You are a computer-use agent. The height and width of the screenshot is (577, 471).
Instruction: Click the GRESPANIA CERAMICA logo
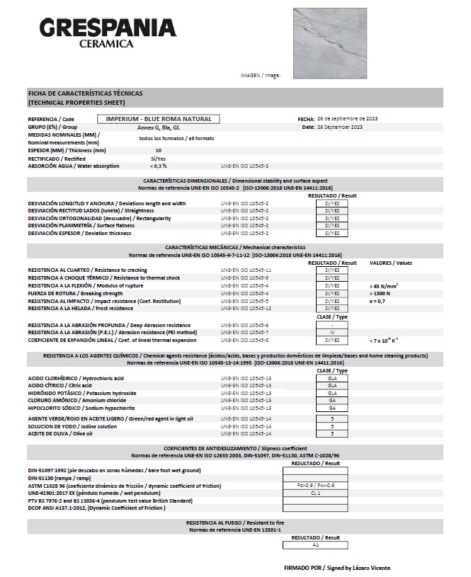tap(107, 34)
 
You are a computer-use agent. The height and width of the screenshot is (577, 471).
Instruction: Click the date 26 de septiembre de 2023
tap(341, 118)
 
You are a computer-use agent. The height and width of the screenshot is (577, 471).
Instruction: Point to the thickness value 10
tap(158, 150)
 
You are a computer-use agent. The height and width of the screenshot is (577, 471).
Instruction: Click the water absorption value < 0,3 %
tap(158, 166)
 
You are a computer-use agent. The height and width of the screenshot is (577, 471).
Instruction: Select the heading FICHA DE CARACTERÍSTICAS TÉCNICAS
tap(86, 93)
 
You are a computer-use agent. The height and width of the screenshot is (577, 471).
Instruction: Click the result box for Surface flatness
tap(332, 225)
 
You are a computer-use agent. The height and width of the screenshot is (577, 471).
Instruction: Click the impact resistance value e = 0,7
tap(380, 301)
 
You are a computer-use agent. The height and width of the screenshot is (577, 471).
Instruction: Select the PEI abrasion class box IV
tap(332, 332)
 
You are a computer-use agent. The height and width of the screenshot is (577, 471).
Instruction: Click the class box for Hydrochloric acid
tap(332, 378)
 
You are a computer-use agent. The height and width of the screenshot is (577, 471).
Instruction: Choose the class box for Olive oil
tap(332, 433)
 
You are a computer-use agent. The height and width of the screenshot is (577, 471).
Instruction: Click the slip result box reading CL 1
tap(316, 493)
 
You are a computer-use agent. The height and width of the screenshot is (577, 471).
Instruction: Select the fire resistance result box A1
tap(316, 546)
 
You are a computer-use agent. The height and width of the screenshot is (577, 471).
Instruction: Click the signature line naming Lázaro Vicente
tap(336, 568)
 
